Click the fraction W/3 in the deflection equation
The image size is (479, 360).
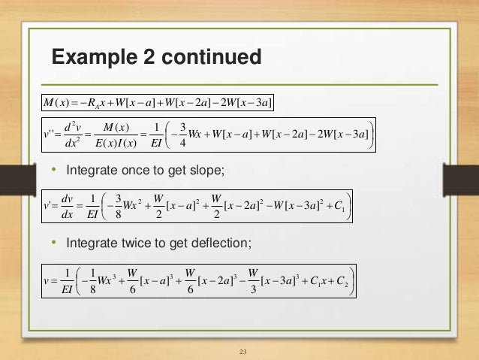tap(253, 277)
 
